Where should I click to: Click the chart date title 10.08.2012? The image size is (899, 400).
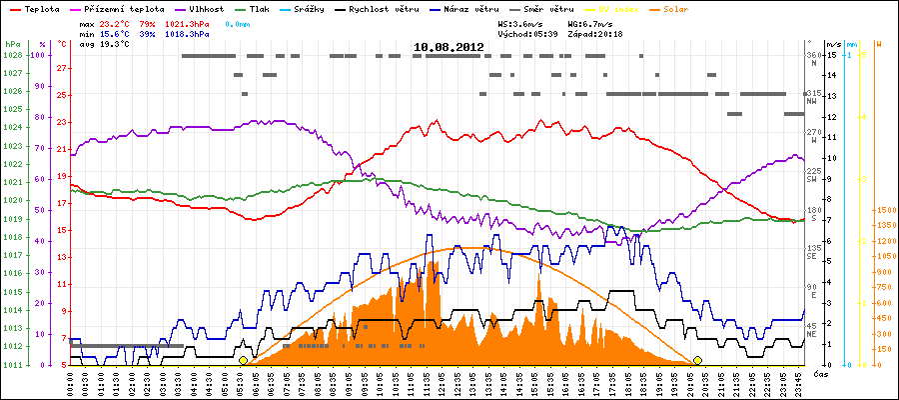point(449,46)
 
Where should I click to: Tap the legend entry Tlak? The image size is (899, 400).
point(260,9)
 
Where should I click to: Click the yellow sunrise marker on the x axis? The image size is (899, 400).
point(243,360)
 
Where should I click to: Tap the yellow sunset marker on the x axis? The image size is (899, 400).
point(697,360)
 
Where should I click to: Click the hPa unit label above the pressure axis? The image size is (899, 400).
point(11,45)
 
